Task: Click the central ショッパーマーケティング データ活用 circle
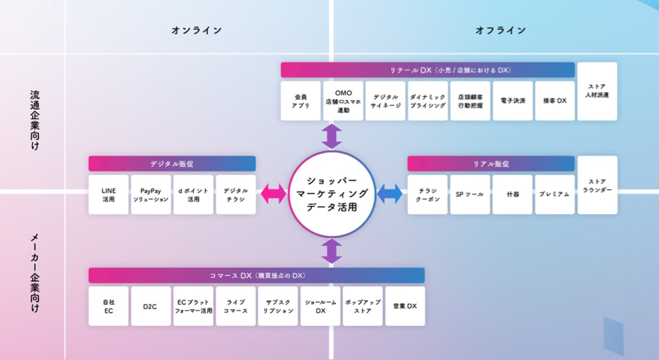coord(331,194)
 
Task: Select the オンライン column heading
coord(197,31)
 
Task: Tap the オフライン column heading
coord(500,31)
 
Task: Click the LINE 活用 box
coord(108,195)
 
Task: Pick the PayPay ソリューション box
coord(151,195)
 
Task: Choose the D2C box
coord(151,306)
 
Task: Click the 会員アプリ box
coord(301,101)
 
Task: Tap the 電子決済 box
coord(512,101)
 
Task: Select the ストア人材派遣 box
coord(597,91)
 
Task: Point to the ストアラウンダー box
coord(597,185)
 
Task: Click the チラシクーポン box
coord(428,195)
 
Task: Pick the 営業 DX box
coord(405,306)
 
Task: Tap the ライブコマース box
coord(236,306)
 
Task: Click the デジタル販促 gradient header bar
coord(172,164)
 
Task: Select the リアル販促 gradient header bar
coord(491,164)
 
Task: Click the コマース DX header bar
coord(256,275)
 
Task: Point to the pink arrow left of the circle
coord(274,194)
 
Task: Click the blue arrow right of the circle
coord(389,194)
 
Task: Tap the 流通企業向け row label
coord(35,120)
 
